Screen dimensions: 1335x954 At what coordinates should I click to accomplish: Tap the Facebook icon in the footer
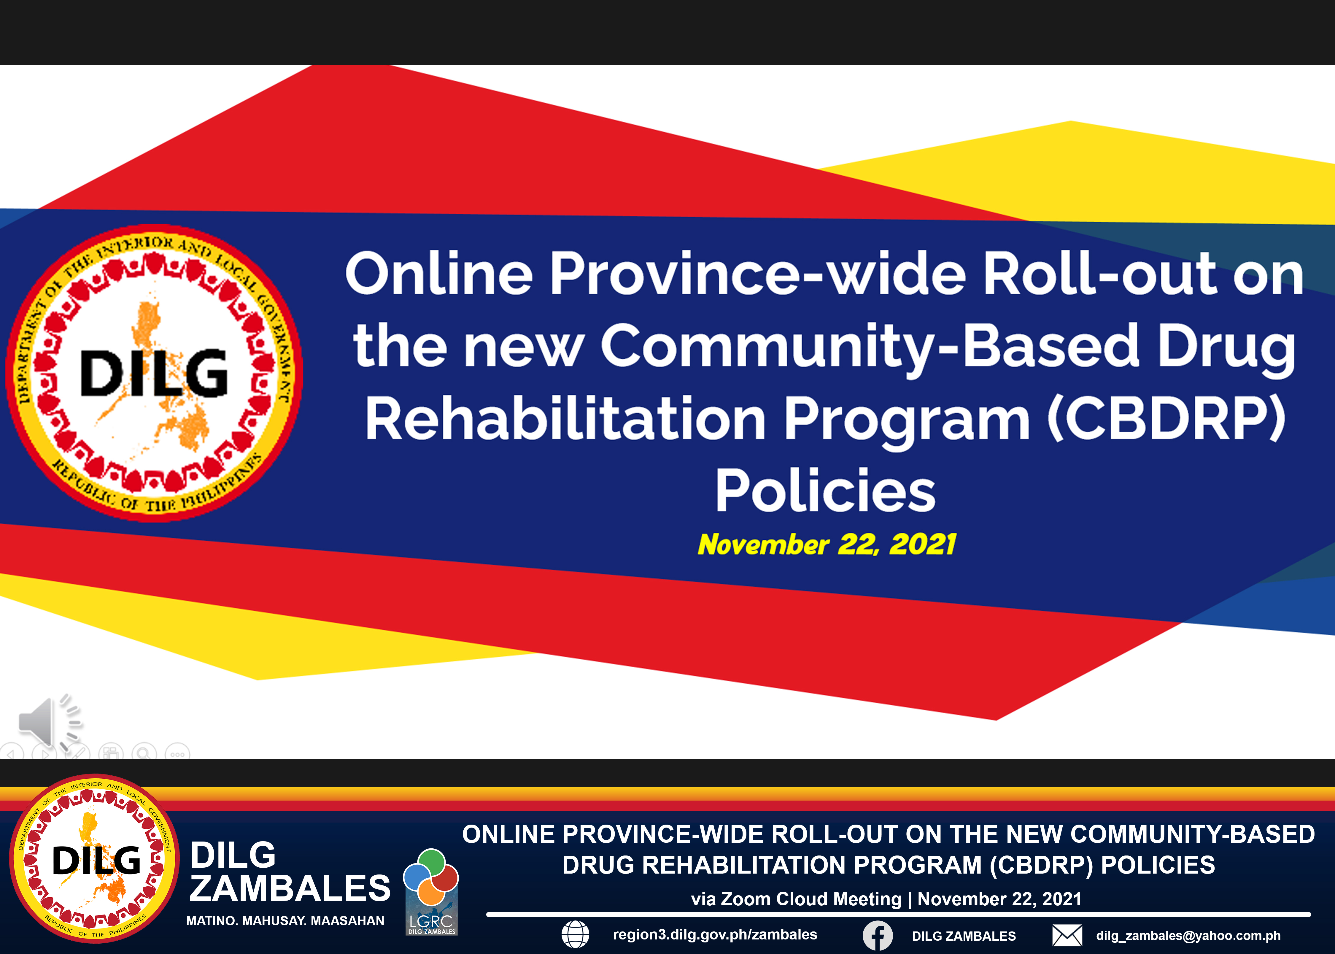(878, 935)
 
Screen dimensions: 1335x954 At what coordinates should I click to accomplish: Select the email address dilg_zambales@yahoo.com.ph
(1188, 936)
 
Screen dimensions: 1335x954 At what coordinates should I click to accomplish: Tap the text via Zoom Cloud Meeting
(796, 899)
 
